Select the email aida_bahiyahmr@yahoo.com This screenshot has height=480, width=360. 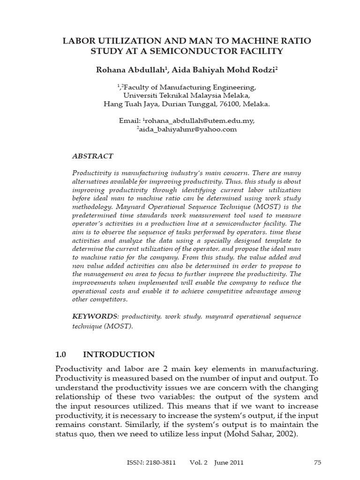point(188,129)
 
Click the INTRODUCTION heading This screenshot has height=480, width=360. point(120,354)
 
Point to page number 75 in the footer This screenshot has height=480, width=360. point(317,462)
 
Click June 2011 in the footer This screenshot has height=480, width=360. point(229,462)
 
